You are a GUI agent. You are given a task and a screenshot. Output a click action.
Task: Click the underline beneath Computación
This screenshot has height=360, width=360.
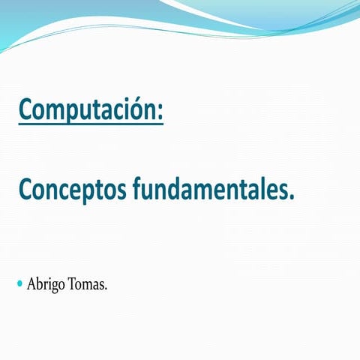click(x=90, y=125)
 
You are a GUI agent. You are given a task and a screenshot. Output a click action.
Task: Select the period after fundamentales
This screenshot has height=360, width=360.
click(x=292, y=196)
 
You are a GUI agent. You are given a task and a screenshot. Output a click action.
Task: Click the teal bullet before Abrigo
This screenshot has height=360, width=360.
click(x=19, y=284)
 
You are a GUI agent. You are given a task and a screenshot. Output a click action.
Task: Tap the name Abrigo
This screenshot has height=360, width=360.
click(x=47, y=285)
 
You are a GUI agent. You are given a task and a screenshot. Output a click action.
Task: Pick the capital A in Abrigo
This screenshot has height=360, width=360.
click(x=32, y=284)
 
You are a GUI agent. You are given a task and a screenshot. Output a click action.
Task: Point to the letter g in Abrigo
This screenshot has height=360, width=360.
click(x=58, y=287)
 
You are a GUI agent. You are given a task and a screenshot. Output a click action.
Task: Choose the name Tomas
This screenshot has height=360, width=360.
click(x=89, y=284)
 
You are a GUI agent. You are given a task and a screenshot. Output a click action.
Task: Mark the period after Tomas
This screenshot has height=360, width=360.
click(x=106, y=289)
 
